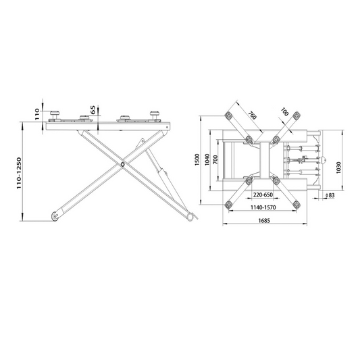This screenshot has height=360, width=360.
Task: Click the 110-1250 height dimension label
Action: click(19, 173)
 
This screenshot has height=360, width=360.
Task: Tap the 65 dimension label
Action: click(93, 110)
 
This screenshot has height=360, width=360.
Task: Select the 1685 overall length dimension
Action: click(264, 221)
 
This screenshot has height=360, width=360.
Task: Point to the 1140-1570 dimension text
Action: click(263, 207)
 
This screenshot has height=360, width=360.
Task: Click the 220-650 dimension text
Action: click(263, 195)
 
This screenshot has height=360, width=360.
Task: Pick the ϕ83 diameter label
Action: click(330, 195)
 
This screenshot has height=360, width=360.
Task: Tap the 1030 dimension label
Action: click(338, 168)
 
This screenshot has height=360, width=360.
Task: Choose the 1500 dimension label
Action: click(197, 160)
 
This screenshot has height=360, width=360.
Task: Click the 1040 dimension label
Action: click(207, 159)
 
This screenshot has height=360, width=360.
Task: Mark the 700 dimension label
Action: click(215, 159)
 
